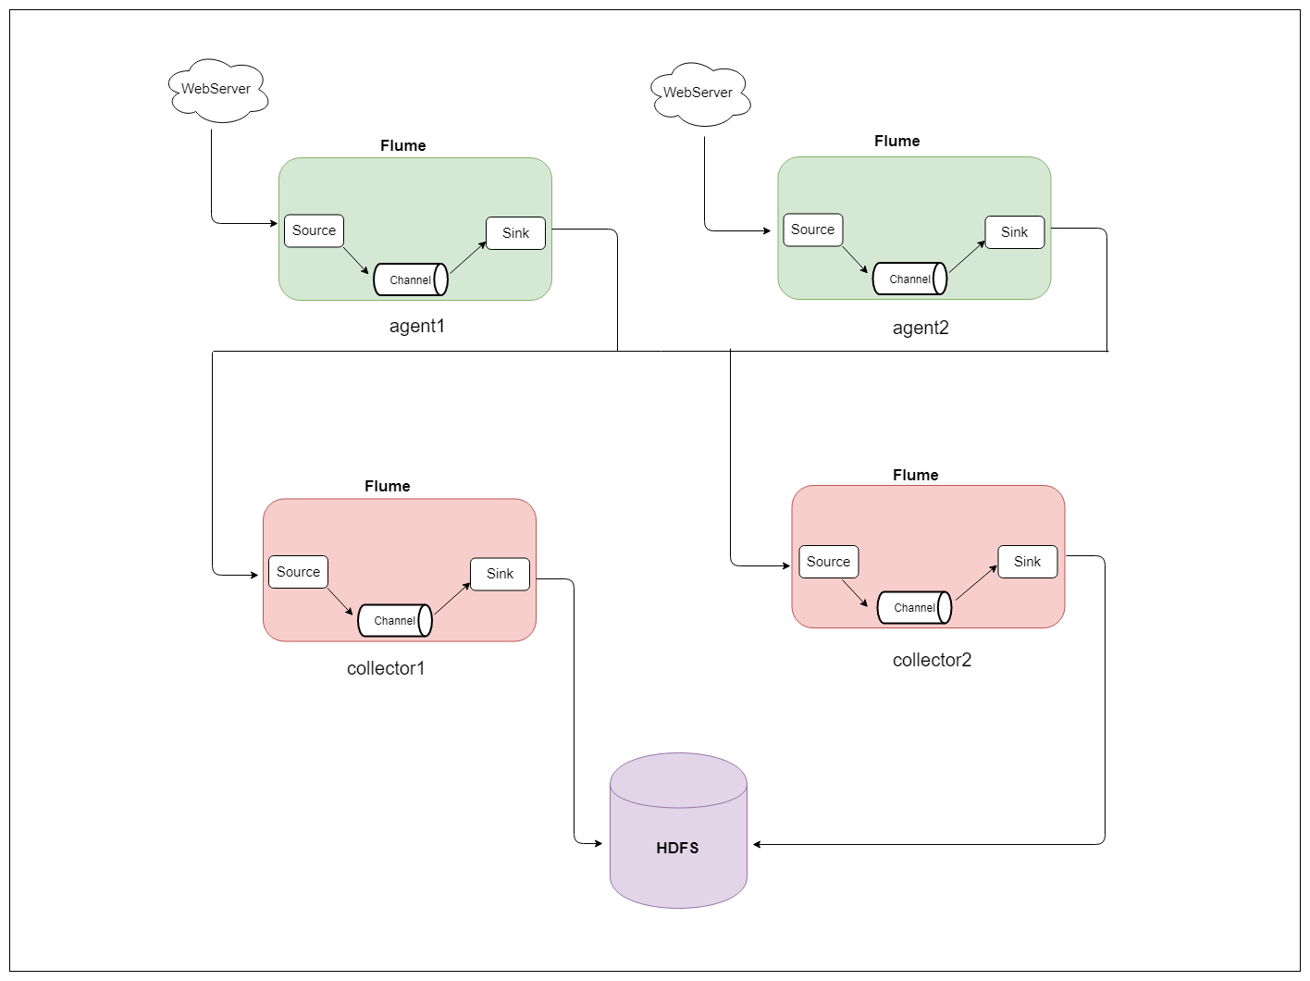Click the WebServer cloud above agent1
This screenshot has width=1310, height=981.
(217, 90)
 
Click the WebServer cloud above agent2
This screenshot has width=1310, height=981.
(699, 93)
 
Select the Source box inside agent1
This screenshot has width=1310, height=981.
(314, 230)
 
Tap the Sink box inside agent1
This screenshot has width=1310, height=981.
(515, 233)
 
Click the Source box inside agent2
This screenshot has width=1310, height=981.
(812, 230)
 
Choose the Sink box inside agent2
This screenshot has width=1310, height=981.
(1014, 232)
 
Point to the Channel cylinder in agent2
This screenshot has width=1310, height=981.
(909, 279)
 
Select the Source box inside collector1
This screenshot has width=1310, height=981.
(298, 572)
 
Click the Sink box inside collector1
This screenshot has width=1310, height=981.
(500, 574)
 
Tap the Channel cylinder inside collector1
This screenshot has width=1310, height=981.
(395, 620)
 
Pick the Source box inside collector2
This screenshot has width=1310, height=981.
(828, 562)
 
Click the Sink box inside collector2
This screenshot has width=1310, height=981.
(1027, 562)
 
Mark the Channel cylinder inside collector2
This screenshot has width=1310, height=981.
(914, 607)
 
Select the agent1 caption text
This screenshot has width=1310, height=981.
(417, 326)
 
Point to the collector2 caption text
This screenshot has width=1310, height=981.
(932, 660)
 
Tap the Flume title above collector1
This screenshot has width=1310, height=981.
(387, 486)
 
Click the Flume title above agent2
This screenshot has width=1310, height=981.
(896, 141)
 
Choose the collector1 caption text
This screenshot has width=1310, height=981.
(386, 668)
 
